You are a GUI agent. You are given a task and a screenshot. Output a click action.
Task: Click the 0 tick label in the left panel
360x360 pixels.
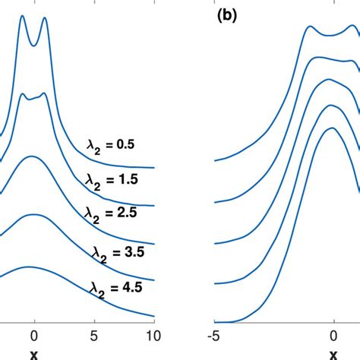33,334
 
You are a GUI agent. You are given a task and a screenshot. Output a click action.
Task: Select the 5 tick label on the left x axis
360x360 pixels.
94,334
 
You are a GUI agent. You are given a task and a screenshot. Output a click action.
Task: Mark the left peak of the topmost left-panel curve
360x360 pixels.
22,16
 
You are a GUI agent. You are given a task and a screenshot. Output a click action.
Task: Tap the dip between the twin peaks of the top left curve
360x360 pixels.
33,41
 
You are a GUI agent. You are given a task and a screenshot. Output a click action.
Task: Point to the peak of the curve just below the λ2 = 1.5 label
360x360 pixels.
32,156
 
